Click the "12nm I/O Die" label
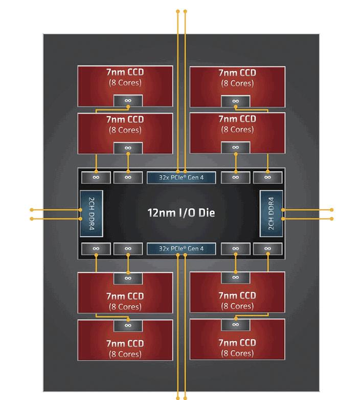[x=181, y=212]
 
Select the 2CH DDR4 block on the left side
[x=92, y=213]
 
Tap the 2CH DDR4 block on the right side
[x=271, y=213]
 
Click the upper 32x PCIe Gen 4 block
[x=182, y=177]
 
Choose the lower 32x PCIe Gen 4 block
[x=182, y=249]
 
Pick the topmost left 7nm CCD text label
[x=125, y=73]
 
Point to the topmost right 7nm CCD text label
[x=237, y=73]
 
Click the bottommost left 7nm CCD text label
[x=125, y=343]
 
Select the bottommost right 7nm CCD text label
[x=237, y=343]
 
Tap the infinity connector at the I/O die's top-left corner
[x=96, y=177]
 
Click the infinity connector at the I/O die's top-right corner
[x=267, y=177]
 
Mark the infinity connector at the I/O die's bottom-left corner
[x=96, y=249]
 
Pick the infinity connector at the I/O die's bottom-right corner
[x=267, y=249]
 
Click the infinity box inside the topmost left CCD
[x=128, y=101]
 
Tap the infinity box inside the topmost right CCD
[x=235, y=101]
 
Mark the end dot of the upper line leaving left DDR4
[x=32, y=210]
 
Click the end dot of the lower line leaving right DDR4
[x=332, y=218]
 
